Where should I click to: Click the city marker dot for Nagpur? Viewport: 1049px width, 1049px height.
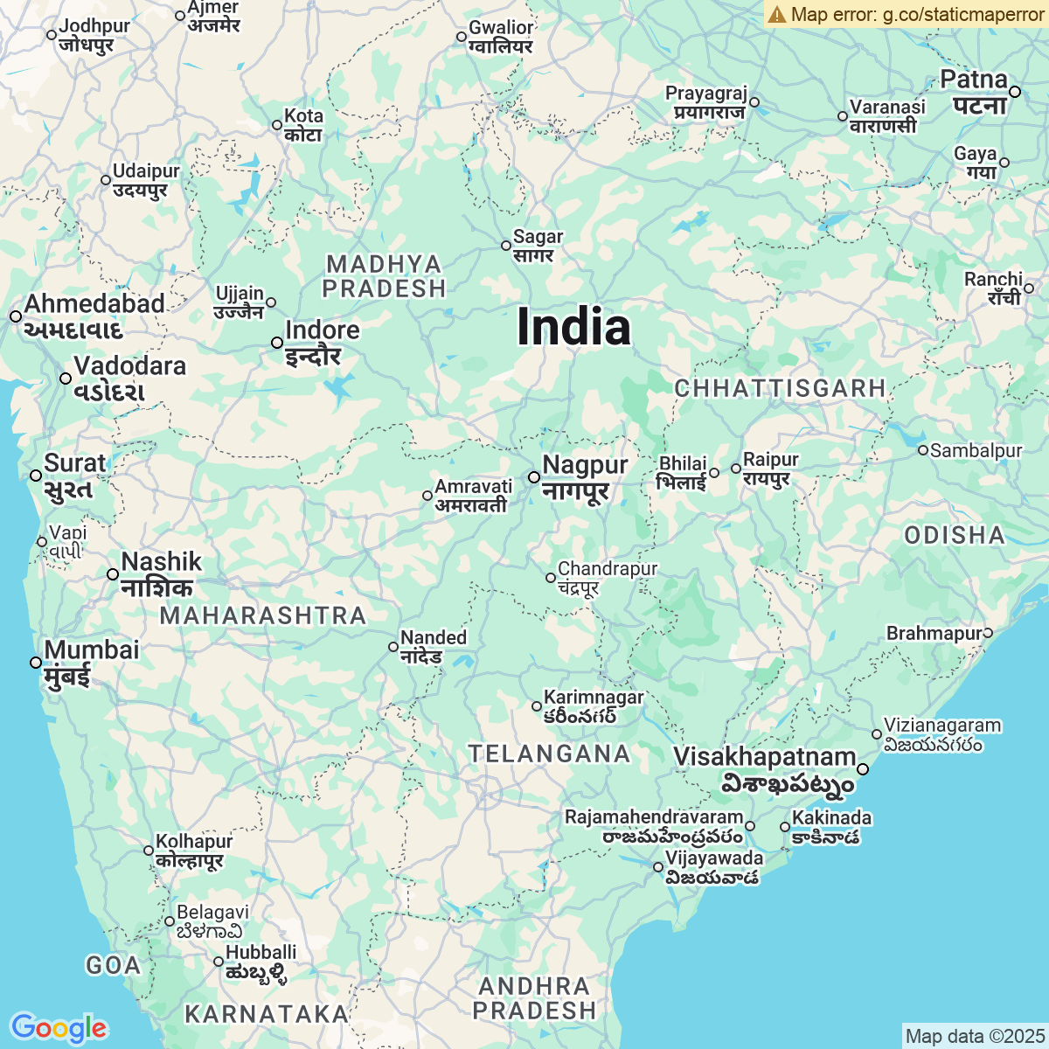point(534,477)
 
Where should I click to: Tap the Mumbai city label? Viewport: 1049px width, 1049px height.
point(91,662)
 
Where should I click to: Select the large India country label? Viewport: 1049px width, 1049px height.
point(573,328)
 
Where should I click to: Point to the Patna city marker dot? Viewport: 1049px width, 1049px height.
point(1015,92)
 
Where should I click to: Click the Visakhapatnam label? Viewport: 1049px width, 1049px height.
point(764,768)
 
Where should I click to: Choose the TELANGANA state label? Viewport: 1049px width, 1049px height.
point(549,754)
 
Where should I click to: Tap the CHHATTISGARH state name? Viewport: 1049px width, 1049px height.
point(780,388)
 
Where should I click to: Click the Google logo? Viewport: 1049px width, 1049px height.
point(59,1028)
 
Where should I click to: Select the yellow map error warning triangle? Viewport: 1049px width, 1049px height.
point(776,14)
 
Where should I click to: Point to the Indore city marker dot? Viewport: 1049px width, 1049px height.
point(277,343)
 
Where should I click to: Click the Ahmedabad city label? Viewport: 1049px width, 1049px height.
point(94,316)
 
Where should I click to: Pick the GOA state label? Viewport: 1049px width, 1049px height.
point(113,965)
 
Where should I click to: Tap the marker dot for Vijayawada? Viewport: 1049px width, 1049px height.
point(658,867)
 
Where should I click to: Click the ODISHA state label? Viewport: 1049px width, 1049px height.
point(955,535)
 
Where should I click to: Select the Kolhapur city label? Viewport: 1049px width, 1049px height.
point(193,851)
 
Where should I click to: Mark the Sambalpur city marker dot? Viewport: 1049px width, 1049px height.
point(923,450)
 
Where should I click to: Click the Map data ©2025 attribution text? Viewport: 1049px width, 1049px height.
point(974,1037)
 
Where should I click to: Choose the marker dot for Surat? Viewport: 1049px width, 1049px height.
point(36,476)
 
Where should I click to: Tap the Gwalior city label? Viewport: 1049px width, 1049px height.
point(501,37)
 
